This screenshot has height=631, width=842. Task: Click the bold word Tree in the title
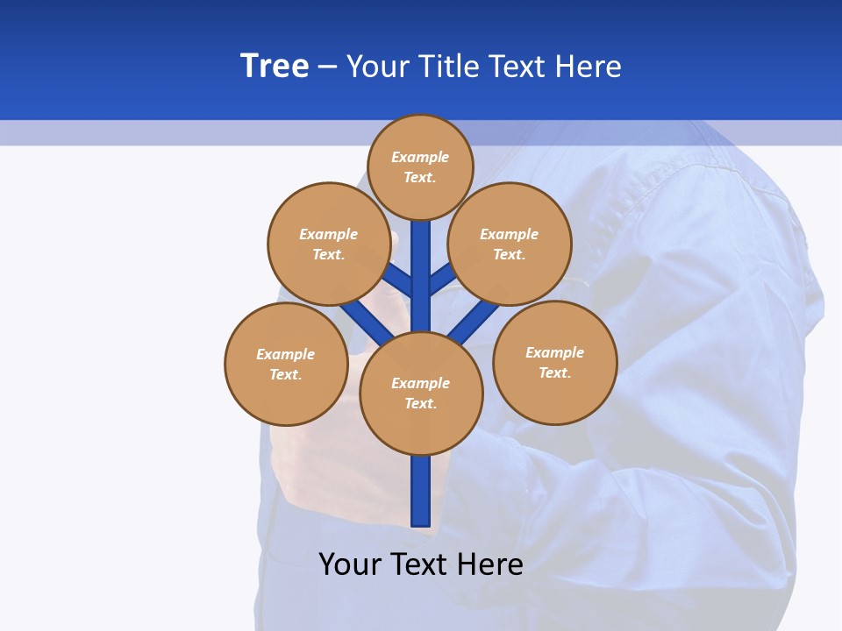pos(275,67)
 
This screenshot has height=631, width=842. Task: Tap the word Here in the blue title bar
pos(589,67)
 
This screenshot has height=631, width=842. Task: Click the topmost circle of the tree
pos(420,167)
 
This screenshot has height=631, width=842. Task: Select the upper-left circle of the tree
pos(328,244)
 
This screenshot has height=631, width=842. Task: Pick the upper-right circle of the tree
pos(510,244)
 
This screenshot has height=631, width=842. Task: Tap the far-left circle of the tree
pos(286,364)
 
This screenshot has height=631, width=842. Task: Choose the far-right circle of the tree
pos(554,362)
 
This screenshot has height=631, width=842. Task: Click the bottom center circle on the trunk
pos(421,393)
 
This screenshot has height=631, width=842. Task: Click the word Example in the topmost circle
pos(420,157)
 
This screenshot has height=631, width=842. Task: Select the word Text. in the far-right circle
pos(554,372)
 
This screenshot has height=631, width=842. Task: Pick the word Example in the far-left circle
pos(286,354)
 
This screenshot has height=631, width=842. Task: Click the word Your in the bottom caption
pos(349,564)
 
